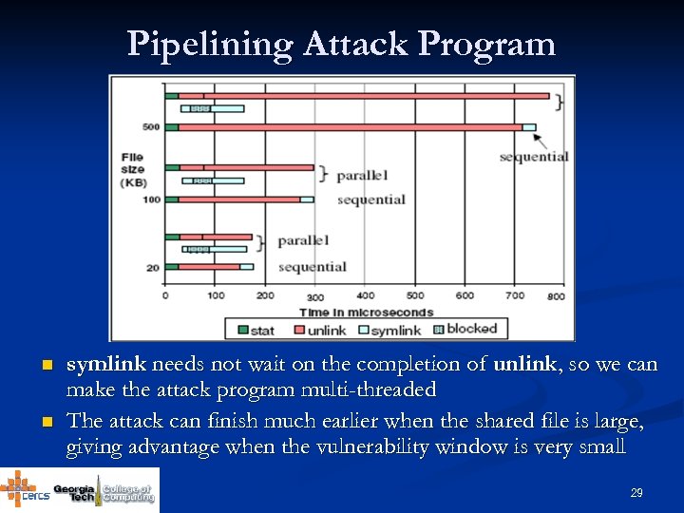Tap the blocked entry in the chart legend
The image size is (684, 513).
465,329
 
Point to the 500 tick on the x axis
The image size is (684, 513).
414,295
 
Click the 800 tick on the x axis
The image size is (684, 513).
556,295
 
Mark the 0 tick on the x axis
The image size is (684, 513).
166,295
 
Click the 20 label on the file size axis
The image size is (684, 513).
152,268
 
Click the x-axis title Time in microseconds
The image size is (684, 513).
366,312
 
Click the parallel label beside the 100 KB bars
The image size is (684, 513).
362,176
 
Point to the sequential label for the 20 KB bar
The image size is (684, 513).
312,267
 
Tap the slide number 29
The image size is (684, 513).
636,493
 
